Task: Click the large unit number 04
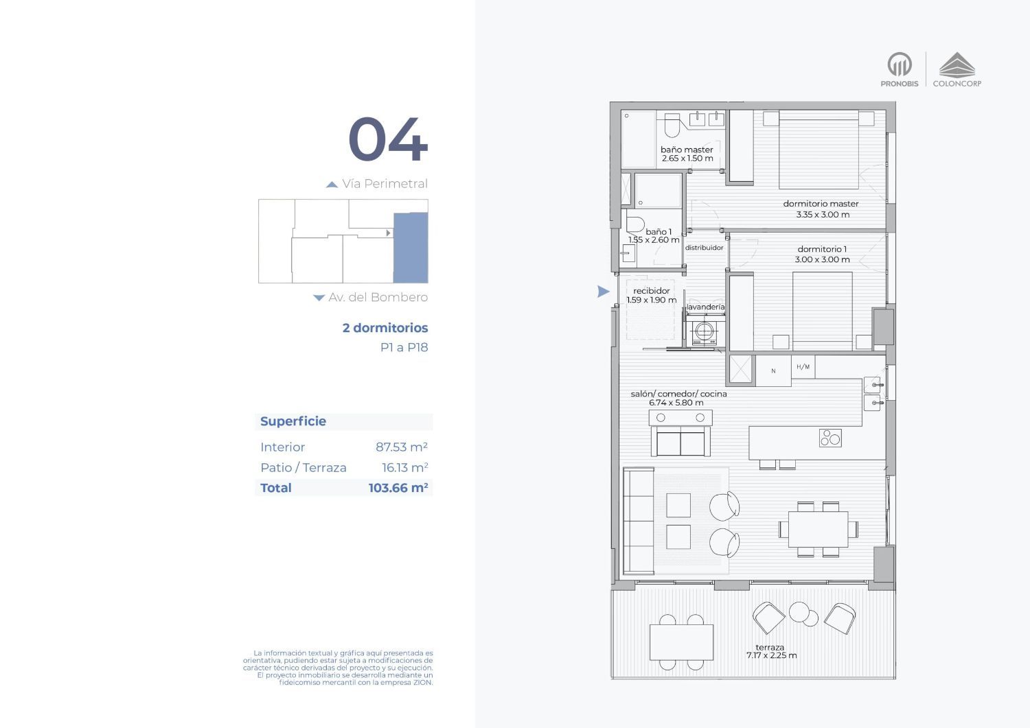tap(388, 139)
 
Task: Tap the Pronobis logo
tap(900, 69)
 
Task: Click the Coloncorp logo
tap(957, 69)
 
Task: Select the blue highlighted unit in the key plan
tap(411, 248)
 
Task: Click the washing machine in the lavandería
tap(705, 332)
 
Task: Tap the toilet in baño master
tap(672, 125)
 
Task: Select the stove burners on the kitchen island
tap(830, 438)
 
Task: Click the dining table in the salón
tap(818, 529)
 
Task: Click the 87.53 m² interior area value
tap(402, 447)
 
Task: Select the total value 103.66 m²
tap(398, 488)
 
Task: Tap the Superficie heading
tap(293, 421)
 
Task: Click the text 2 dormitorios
tap(385, 328)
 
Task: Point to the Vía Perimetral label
tap(385, 183)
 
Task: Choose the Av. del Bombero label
tap(378, 297)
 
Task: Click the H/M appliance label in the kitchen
tap(803, 367)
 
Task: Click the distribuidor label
tap(704, 247)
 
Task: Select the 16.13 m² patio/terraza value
tap(404, 467)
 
